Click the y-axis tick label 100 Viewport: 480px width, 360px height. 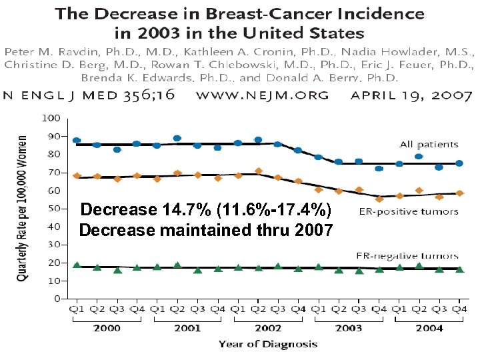[x=51, y=119]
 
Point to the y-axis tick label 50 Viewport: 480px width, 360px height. [x=53, y=209]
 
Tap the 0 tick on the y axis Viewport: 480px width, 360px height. [x=57, y=299]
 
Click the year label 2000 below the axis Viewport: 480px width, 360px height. [x=107, y=329]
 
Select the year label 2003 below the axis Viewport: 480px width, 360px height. [x=348, y=329]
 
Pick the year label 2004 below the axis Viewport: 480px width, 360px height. [x=429, y=329]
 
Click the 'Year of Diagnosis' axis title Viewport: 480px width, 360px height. [x=268, y=345]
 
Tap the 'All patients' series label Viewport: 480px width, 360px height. [x=429, y=144]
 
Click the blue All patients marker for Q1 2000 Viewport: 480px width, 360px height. [x=77, y=141]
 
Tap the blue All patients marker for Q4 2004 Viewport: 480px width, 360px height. [x=459, y=163]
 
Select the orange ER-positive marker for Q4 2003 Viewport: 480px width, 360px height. [x=379, y=199]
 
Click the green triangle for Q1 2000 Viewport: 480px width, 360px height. [x=77, y=265]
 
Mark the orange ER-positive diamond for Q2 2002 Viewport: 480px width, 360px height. [x=258, y=171]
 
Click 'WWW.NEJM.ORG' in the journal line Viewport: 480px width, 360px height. [x=262, y=95]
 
